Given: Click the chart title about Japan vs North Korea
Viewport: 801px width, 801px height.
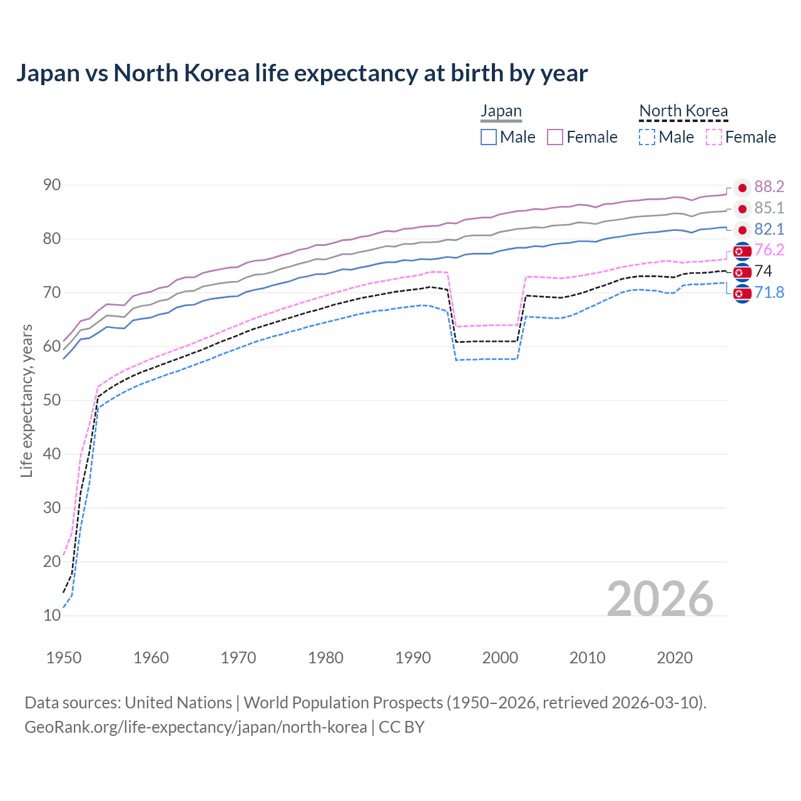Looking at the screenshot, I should point(302,73).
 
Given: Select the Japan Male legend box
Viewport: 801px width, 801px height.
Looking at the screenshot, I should point(489,137).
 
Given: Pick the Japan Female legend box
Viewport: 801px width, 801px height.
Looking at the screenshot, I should point(555,137).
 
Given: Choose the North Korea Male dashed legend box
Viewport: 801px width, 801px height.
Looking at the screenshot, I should point(647,137).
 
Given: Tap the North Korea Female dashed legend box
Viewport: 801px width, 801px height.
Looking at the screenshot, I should point(714,137).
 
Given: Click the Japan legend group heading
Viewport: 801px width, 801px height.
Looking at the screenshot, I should point(501,111).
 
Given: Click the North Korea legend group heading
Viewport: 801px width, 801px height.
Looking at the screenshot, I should point(683,111).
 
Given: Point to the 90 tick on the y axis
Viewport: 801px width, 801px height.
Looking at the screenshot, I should point(52,185).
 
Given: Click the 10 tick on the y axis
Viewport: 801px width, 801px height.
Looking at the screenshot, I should point(52,615).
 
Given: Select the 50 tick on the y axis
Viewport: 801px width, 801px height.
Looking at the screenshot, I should point(52,400).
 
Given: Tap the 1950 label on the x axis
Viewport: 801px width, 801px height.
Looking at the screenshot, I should point(64,658).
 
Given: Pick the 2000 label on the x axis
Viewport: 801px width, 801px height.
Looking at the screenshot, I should point(500,658).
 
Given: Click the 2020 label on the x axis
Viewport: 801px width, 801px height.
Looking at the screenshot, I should point(675,658).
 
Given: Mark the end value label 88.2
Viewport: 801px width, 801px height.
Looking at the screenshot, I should point(769,186).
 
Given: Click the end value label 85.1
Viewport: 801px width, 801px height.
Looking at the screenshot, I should point(769,208).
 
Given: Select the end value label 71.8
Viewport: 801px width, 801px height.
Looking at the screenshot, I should point(769,292).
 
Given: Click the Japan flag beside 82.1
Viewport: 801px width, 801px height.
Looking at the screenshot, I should point(742,230).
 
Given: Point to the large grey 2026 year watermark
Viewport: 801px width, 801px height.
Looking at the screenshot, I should point(660,599).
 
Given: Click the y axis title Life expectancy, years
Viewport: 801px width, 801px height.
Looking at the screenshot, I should point(26,400).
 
